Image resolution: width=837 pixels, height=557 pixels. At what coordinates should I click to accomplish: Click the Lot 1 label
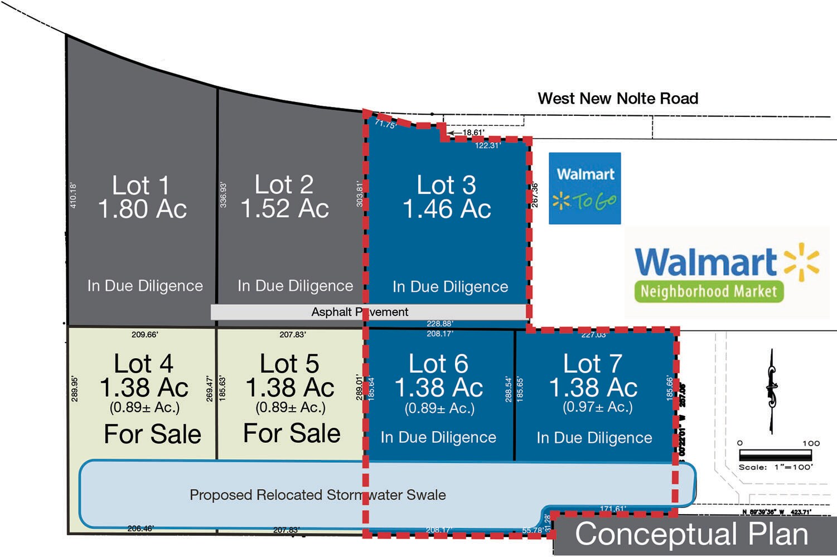click(141, 185)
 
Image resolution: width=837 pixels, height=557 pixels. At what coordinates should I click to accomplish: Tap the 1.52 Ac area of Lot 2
click(284, 209)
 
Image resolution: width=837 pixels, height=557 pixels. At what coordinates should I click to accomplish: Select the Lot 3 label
click(446, 185)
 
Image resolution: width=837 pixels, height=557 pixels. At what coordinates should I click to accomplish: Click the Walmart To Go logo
click(584, 188)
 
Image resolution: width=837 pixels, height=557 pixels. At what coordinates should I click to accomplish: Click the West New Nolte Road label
click(618, 99)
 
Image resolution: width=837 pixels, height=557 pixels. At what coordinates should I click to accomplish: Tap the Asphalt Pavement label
click(360, 312)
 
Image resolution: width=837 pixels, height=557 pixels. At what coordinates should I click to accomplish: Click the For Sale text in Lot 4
click(152, 434)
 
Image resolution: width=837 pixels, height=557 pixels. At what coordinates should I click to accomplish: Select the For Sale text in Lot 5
click(292, 433)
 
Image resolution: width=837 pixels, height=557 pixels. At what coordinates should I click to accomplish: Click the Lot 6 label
click(438, 364)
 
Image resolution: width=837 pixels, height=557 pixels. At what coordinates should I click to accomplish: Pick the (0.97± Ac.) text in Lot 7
click(598, 407)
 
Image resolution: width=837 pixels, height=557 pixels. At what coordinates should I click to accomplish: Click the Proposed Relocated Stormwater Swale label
click(318, 495)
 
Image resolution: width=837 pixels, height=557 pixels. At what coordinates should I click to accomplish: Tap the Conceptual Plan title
click(691, 535)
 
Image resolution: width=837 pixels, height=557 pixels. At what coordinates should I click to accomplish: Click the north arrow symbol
click(772, 390)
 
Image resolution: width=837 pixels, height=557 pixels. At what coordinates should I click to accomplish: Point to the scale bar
click(775, 455)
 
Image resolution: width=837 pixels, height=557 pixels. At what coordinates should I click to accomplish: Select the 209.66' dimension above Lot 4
click(144, 335)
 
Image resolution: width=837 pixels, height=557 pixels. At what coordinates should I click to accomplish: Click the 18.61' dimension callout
click(473, 133)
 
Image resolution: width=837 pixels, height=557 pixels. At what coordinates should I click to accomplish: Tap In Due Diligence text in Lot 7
click(594, 438)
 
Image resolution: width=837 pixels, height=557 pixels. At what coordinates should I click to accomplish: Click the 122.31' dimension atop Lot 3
click(488, 146)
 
